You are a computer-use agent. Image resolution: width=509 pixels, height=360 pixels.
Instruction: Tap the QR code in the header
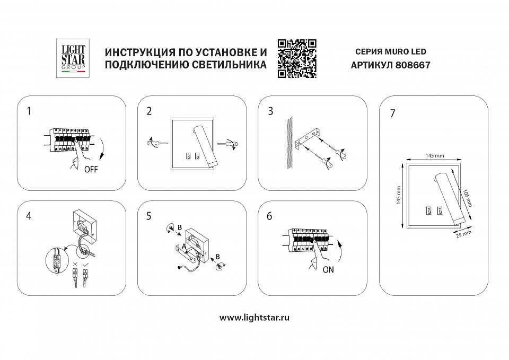[x=297, y=58]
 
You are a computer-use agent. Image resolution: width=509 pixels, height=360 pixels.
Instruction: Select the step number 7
[x=392, y=115]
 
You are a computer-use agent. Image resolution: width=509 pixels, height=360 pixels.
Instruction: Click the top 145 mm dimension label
[x=433, y=155]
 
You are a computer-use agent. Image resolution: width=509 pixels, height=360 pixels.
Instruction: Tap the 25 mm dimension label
[x=463, y=234]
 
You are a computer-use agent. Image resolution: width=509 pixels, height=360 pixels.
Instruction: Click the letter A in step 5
[x=183, y=245]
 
